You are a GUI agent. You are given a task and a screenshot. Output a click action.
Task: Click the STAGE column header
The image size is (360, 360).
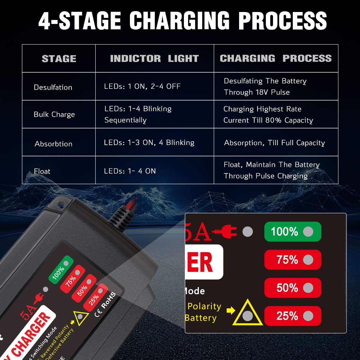(x=59, y=58)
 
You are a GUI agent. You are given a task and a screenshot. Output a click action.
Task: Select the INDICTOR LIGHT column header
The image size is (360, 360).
(x=154, y=58)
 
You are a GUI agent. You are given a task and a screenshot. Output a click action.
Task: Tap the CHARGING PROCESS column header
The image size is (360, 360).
(x=276, y=58)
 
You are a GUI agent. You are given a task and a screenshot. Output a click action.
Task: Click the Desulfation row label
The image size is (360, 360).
(x=53, y=87)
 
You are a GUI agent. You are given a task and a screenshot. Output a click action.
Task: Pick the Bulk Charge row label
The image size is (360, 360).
(x=54, y=114)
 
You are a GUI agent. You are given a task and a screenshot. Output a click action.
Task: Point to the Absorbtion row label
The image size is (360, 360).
(x=53, y=144)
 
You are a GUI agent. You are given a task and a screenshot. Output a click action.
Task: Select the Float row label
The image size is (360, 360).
(x=42, y=171)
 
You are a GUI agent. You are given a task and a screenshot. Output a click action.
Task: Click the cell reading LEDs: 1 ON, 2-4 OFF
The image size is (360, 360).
(x=142, y=86)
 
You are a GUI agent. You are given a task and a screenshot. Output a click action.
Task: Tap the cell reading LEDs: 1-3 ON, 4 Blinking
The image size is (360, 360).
(x=149, y=142)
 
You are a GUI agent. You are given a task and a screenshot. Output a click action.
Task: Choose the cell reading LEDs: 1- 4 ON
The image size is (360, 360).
(x=130, y=171)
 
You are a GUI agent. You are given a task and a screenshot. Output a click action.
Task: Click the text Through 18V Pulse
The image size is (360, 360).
(x=257, y=92)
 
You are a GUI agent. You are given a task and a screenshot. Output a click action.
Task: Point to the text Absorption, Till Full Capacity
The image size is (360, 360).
(x=274, y=143)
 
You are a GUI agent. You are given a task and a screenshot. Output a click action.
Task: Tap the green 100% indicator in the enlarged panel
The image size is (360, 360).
(x=292, y=232)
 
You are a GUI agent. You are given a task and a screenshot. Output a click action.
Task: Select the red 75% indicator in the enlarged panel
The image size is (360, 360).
(x=292, y=260)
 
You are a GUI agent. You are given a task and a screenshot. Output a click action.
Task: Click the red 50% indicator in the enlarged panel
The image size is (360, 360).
(x=292, y=288)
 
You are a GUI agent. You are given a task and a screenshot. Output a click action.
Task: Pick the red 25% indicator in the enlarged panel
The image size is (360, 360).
(x=292, y=316)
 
